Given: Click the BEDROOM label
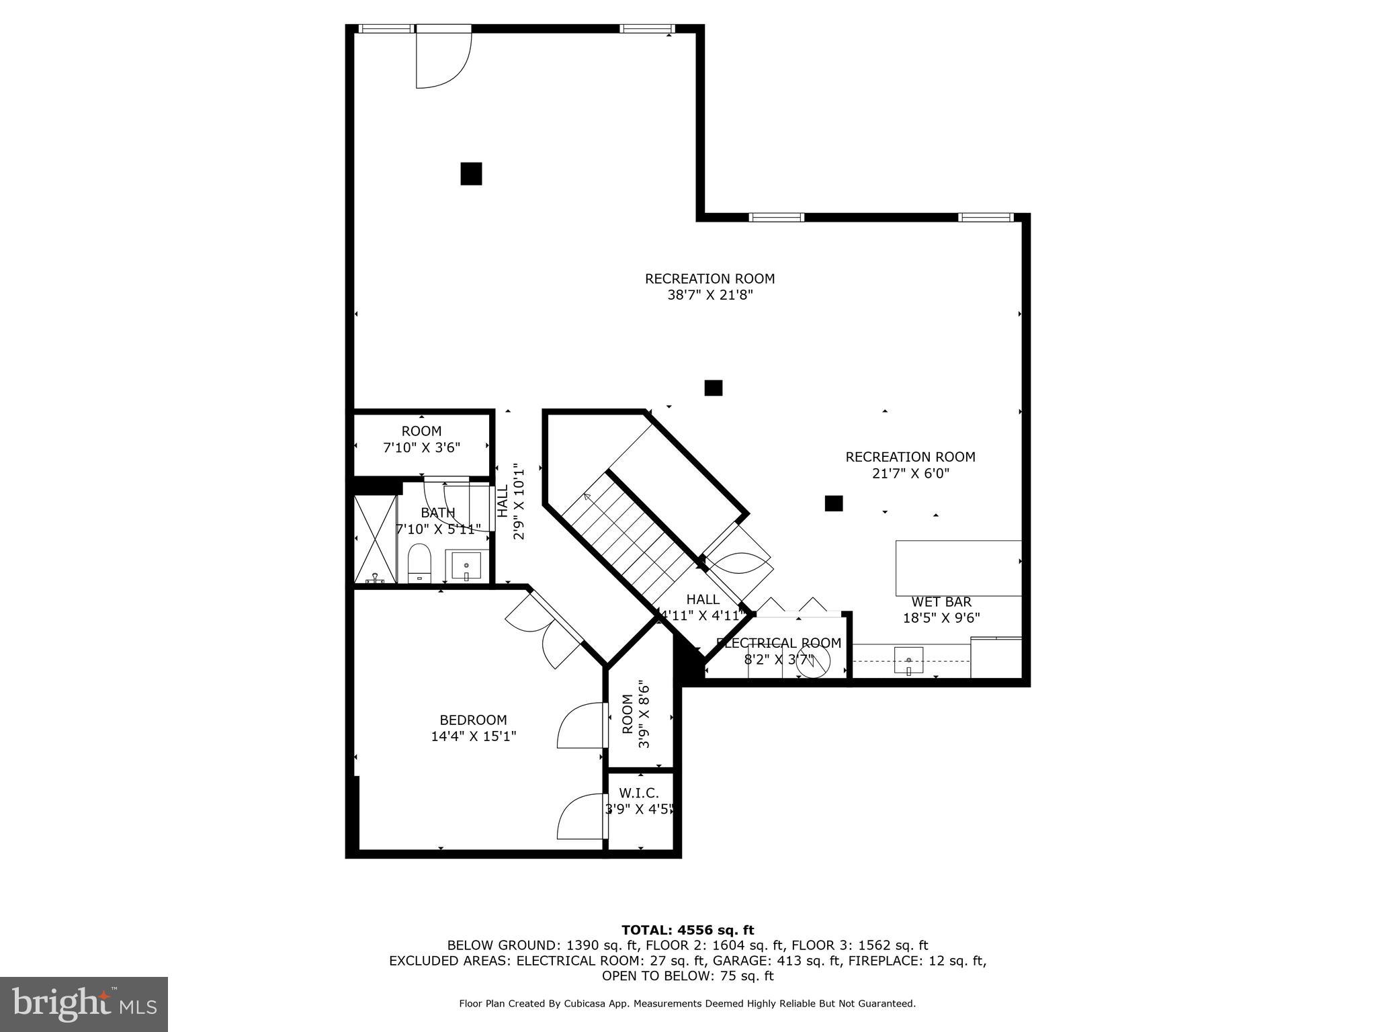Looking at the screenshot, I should click(473, 720).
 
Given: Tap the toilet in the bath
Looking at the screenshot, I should click(419, 563).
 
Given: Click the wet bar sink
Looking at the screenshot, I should click(908, 660).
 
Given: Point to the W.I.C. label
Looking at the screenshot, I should click(638, 793).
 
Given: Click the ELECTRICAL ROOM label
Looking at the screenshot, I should click(779, 643).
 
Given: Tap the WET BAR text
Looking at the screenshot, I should click(941, 602).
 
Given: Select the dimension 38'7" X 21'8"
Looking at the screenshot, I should click(709, 295).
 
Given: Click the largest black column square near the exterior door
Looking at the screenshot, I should click(471, 173).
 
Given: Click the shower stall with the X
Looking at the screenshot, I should click(375, 539).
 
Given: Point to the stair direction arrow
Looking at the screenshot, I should click(587, 497).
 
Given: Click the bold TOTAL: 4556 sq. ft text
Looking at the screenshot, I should click(687, 930).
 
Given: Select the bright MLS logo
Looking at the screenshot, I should click(84, 1004).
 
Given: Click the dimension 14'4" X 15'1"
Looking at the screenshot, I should click(473, 736).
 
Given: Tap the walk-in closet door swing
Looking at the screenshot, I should click(580, 816).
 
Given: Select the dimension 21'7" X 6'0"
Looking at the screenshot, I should click(910, 474).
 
